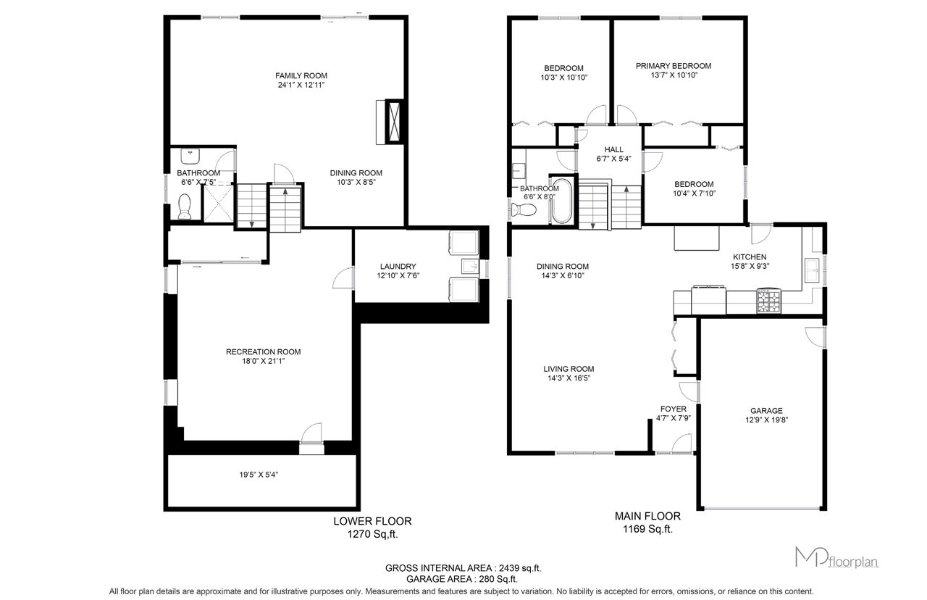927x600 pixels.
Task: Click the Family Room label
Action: pos(301,76)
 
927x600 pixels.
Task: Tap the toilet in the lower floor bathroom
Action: pos(184,207)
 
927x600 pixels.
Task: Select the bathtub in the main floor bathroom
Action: pos(561,201)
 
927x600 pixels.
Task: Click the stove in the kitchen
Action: pos(769,301)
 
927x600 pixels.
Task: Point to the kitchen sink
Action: pos(812,270)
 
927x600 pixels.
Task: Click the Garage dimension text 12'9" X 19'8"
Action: pos(766,420)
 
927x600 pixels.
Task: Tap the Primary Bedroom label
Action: pos(674,66)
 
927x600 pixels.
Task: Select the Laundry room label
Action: pos(398,266)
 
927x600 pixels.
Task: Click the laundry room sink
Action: pos(470,267)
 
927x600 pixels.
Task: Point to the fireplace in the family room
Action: pos(394,122)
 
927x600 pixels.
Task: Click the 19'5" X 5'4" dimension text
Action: pos(259,475)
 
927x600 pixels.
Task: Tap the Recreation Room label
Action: pos(263,352)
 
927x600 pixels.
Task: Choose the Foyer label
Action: pos(674,409)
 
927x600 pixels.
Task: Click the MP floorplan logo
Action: pos(836,557)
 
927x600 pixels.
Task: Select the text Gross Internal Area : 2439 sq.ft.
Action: pos(463,568)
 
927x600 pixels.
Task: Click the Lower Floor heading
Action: pos(372,521)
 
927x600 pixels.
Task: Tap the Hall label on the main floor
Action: pos(613,149)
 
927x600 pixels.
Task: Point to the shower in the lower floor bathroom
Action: pos(218,204)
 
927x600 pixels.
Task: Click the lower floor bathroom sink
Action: pos(190,157)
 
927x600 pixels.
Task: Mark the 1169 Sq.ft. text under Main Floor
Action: pos(647,529)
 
